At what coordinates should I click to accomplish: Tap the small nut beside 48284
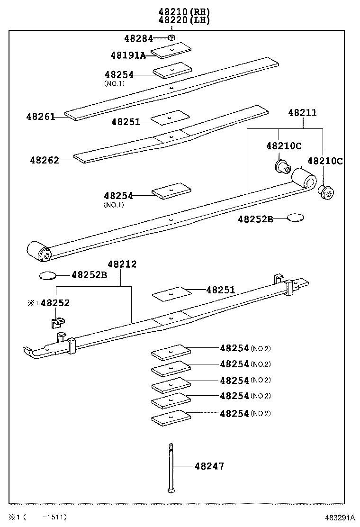[x=172, y=38]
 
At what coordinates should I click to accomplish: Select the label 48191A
[x=128, y=55]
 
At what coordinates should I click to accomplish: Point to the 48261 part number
[x=41, y=117]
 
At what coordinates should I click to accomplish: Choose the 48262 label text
[x=45, y=160]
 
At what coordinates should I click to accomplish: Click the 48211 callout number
[x=303, y=113]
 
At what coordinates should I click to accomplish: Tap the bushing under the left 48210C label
[x=283, y=166]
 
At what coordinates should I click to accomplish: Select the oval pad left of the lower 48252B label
[x=48, y=275]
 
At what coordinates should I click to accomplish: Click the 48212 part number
[x=122, y=264]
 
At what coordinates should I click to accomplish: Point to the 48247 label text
[x=209, y=466]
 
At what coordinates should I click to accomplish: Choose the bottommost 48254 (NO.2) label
[x=234, y=413]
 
